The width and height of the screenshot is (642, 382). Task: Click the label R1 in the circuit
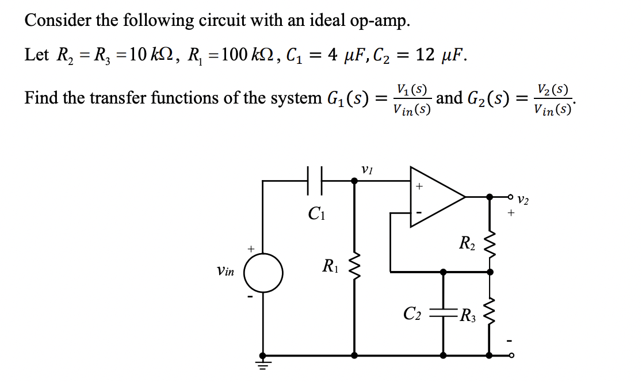(330, 266)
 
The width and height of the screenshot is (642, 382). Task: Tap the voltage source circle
(263, 273)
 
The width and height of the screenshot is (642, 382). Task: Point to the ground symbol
(263, 362)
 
